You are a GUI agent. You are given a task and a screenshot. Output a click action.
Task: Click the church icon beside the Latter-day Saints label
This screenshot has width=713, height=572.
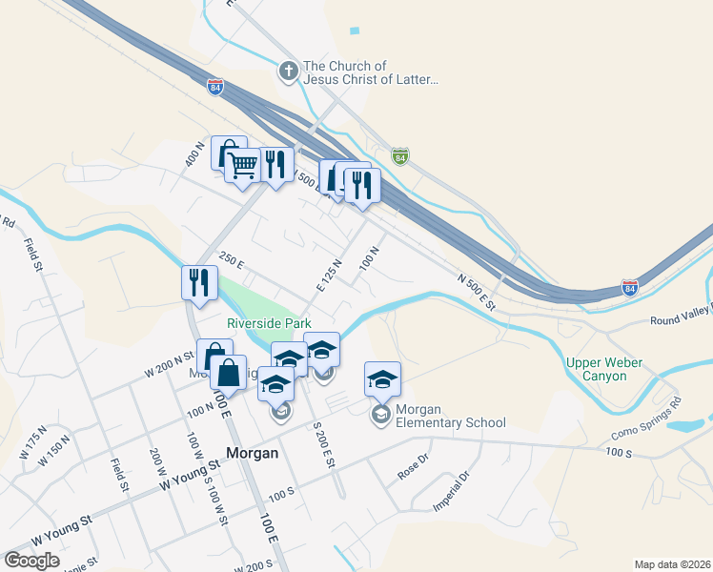click(289, 71)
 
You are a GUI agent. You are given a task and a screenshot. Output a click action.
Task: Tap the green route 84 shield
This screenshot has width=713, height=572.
click(400, 156)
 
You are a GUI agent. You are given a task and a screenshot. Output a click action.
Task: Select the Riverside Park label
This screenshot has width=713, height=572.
click(269, 324)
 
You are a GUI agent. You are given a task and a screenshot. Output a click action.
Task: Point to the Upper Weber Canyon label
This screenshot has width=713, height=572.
click(604, 369)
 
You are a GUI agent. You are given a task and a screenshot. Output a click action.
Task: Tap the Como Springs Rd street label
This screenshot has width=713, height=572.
click(642, 428)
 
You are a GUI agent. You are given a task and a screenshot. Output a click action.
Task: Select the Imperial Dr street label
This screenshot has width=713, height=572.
click(452, 490)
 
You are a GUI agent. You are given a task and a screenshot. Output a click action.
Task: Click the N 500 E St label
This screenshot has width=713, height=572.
click(479, 292)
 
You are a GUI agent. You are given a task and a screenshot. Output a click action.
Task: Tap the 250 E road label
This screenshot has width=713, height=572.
click(232, 259)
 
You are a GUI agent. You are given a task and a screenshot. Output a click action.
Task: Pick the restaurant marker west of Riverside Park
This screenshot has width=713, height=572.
click(198, 282)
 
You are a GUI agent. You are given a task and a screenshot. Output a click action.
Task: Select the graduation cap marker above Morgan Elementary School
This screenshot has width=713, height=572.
click(382, 380)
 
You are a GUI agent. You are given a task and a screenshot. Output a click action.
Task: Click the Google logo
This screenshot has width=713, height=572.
click(31, 561)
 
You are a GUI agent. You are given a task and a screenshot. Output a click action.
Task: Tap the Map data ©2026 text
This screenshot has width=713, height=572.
click(672, 564)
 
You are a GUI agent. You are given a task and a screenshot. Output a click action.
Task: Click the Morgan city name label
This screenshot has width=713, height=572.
click(253, 453)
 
